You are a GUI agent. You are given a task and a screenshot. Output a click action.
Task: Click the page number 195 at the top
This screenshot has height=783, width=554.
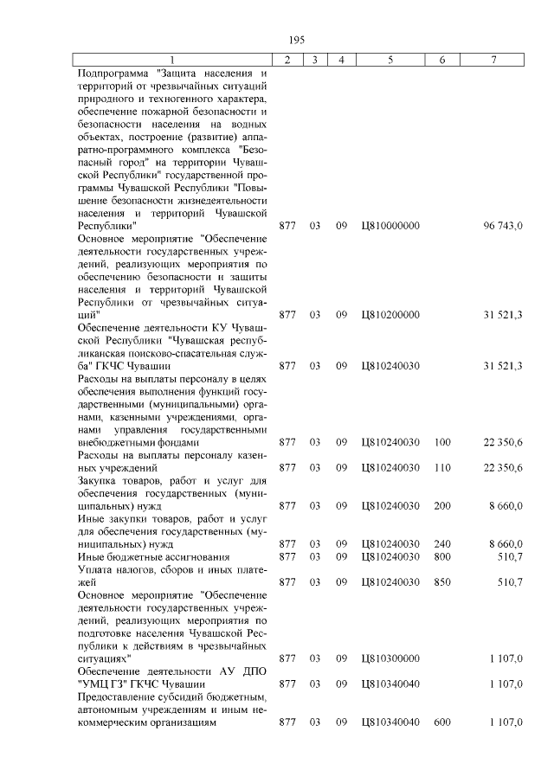point(296,40)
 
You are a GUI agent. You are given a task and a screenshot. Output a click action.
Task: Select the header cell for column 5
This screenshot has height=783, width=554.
point(390,60)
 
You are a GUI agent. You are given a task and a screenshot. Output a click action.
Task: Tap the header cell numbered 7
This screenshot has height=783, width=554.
point(494,60)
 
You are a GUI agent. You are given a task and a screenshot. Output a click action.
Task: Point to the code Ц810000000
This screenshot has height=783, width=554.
point(390,226)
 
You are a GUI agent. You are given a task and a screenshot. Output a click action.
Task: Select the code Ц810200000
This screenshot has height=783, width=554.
point(390,317)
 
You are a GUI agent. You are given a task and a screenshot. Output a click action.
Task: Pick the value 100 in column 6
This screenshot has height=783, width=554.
point(442,442)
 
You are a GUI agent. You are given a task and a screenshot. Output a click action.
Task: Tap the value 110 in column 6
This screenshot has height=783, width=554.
point(442,467)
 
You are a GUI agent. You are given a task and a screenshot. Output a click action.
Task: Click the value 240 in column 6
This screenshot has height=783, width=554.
point(442,544)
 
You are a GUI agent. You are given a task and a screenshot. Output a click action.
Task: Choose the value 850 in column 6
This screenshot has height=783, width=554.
point(442,582)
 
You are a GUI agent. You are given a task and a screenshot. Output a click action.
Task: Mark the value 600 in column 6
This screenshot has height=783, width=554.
point(442,722)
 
